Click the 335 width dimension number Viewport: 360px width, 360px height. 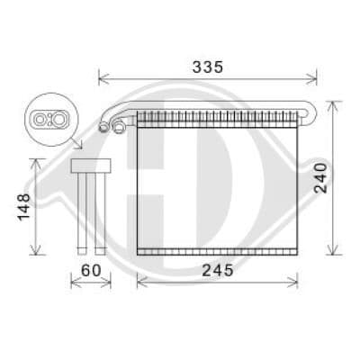(x=207, y=67)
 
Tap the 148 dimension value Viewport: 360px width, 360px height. (x=23, y=208)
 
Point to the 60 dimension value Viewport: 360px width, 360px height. (x=90, y=270)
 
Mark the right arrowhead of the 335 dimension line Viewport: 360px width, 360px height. (x=315, y=78)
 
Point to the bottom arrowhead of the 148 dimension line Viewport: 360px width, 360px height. (x=37, y=251)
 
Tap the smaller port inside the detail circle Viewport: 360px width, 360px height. (x=41, y=116)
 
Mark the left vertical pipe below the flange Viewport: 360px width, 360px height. (x=83, y=211)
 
